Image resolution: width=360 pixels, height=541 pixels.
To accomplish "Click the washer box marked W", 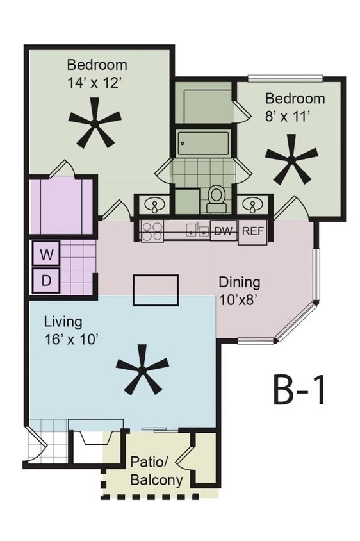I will pyautogui.click(x=46, y=254).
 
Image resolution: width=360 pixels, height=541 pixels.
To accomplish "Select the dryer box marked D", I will pyautogui.click(x=46, y=279).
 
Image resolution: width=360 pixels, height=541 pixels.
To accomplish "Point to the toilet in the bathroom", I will pyautogui.click(x=217, y=197).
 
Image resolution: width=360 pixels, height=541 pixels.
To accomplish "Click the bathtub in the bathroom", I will pyautogui.click(x=204, y=142).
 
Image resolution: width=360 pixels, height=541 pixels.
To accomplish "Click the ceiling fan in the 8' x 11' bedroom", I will pyautogui.click(x=291, y=158).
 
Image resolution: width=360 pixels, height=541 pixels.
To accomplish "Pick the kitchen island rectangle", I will pyautogui.click(x=155, y=289).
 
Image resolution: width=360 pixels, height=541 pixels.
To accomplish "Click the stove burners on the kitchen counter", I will pyautogui.click(x=152, y=231).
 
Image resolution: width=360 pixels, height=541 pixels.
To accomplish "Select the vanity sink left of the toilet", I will pyautogui.click(x=154, y=206).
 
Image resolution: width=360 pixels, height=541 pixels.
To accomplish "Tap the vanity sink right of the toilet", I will pyautogui.click(x=254, y=206).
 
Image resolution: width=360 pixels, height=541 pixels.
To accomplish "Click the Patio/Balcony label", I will pyautogui.click(x=156, y=470).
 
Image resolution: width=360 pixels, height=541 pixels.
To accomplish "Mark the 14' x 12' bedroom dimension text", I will pyautogui.click(x=97, y=83).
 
